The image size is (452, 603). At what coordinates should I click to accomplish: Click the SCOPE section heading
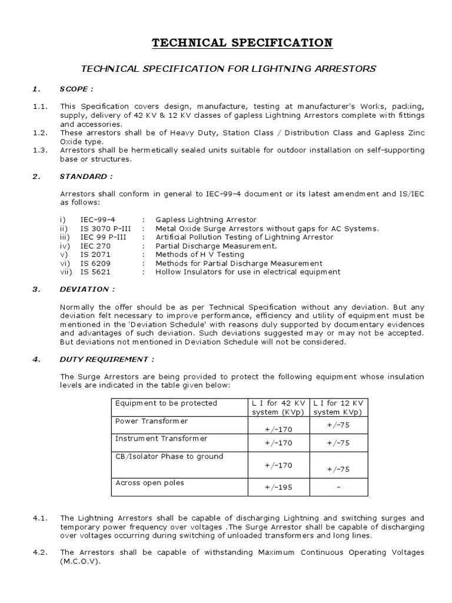click(x=76, y=89)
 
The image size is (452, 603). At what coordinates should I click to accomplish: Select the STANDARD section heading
click(x=84, y=176)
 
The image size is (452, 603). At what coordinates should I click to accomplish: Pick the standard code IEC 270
click(x=95, y=246)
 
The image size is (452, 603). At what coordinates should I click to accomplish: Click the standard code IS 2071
click(x=95, y=254)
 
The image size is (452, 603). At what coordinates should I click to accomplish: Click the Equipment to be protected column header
click(x=166, y=403)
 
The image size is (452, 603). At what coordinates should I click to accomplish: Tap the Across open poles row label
click(x=149, y=483)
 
